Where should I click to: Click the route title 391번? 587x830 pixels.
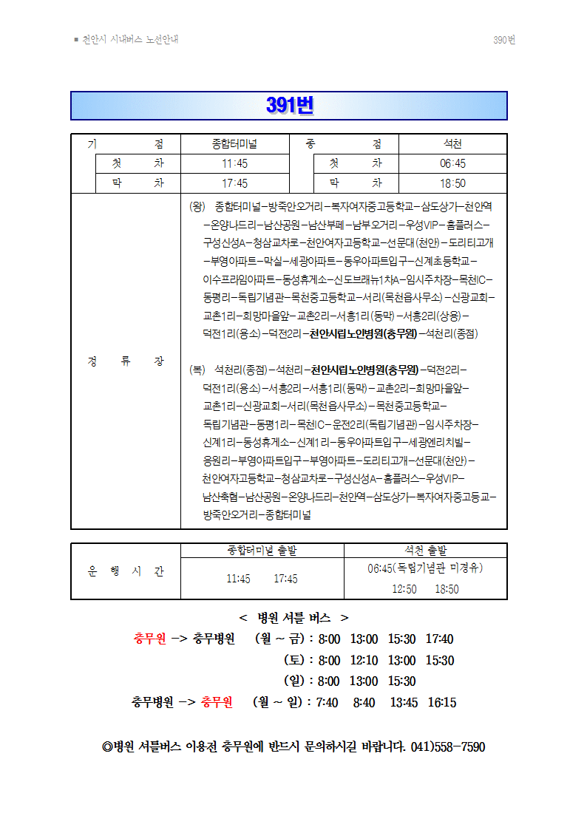click(x=289, y=106)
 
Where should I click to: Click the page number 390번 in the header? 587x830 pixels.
click(x=503, y=40)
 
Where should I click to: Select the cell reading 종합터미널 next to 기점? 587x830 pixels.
click(x=234, y=144)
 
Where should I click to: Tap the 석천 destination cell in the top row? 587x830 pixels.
click(x=452, y=144)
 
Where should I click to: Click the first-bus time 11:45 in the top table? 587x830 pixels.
click(x=234, y=163)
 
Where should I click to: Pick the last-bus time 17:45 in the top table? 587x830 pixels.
click(x=234, y=183)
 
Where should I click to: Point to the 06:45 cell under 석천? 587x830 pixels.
click(x=452, y=163)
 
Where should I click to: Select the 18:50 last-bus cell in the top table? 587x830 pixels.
click(x=452, y=183)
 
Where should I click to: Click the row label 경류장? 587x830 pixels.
click(x=126, y=361)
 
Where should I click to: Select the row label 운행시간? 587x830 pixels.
click(x=126, y=571)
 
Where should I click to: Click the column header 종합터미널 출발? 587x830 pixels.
click(x=262, y=550)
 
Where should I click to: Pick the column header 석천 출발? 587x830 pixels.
click(x=425, y=550)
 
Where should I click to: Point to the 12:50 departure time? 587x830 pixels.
click(x=404, y=589)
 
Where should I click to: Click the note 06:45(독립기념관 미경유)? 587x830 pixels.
click(x=425, y=568)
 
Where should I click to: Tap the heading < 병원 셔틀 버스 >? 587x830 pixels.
click(x=293, y=618)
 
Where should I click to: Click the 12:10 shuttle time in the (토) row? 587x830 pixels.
click(x=364, y=660)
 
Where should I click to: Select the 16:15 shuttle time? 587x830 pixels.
click(x=441, y=702)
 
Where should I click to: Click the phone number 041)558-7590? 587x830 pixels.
click(x=447, y=746)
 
